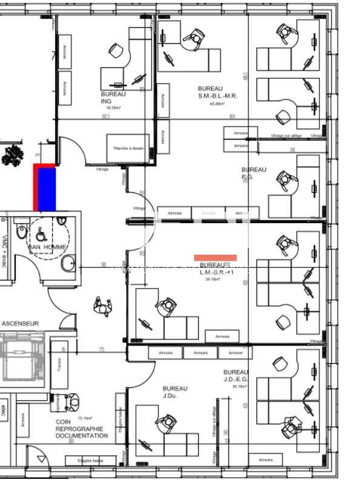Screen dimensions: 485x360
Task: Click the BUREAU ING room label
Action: [x=113, y=98]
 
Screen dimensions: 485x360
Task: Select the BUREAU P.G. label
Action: [x=253, y=173]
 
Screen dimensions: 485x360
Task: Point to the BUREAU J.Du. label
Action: [x=175, y=392]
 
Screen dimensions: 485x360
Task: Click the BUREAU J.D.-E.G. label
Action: [x=236, y=376]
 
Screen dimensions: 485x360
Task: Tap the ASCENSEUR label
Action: [x=19, y=324]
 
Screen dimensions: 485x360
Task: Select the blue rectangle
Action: [x=47, y=190]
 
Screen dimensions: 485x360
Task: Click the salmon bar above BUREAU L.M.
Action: [x=215, y=258]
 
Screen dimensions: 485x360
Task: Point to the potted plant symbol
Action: [x=11, y=156]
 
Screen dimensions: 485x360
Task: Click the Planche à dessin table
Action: [x=128, y=149]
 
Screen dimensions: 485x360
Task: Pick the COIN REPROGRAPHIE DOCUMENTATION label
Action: [x=81, y=429]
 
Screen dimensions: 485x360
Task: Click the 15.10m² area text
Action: [x=85, y=418]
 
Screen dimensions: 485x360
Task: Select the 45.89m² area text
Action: [x=217, y=104]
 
